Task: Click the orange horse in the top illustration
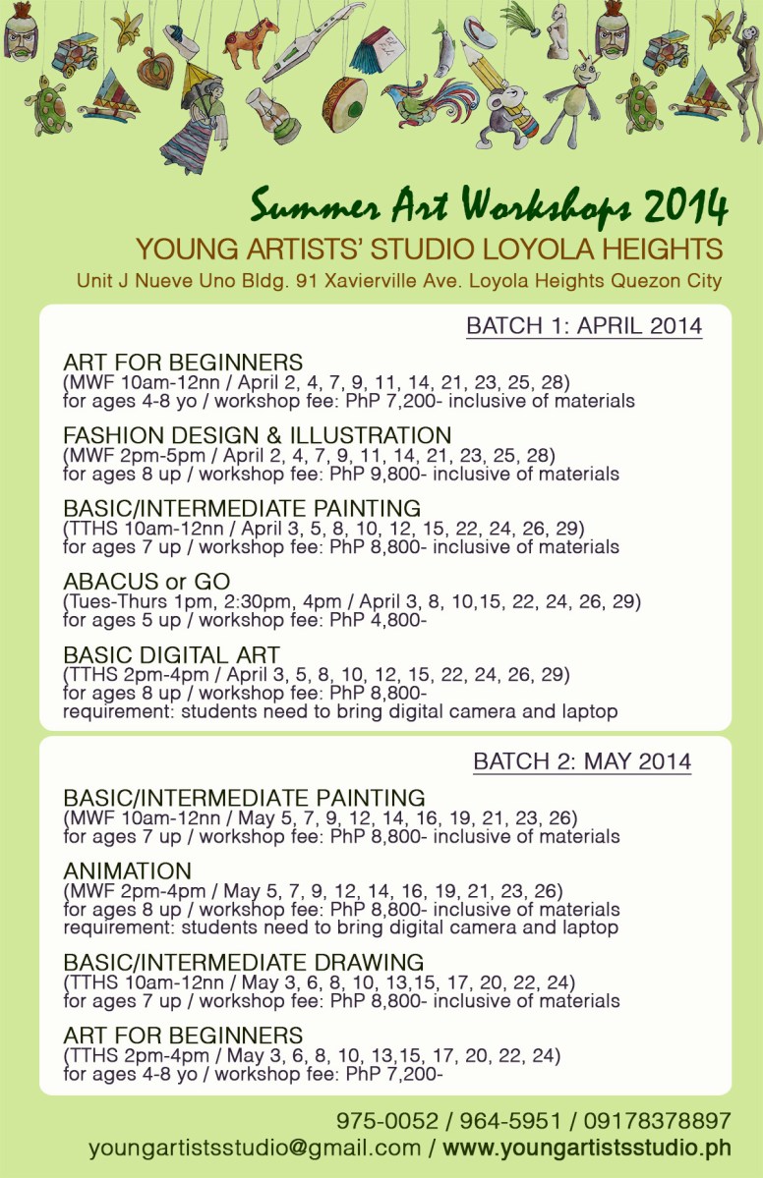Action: pyautogui.click(x=252, y=45)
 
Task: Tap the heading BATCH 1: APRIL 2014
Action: pyautogui.click(x=584, y=326)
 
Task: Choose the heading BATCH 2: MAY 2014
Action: pyautogui.click(x=582, y=761)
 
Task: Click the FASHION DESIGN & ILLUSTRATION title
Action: pyautogui.click(x=258, y=435)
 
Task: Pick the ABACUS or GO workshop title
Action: pyautogui.click(x=147, y=581)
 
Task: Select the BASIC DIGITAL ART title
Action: pyautogui.click(x=172, y=654)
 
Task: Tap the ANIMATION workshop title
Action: pyautogui.click(x=127, y=871)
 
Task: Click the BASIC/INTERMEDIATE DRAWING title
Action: pyautogui.click(x=244, y=963)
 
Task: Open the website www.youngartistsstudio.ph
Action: pyautogui.click(x=587, y=1148)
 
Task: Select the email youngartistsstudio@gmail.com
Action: pyautogui.click(x=255, y=1148)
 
